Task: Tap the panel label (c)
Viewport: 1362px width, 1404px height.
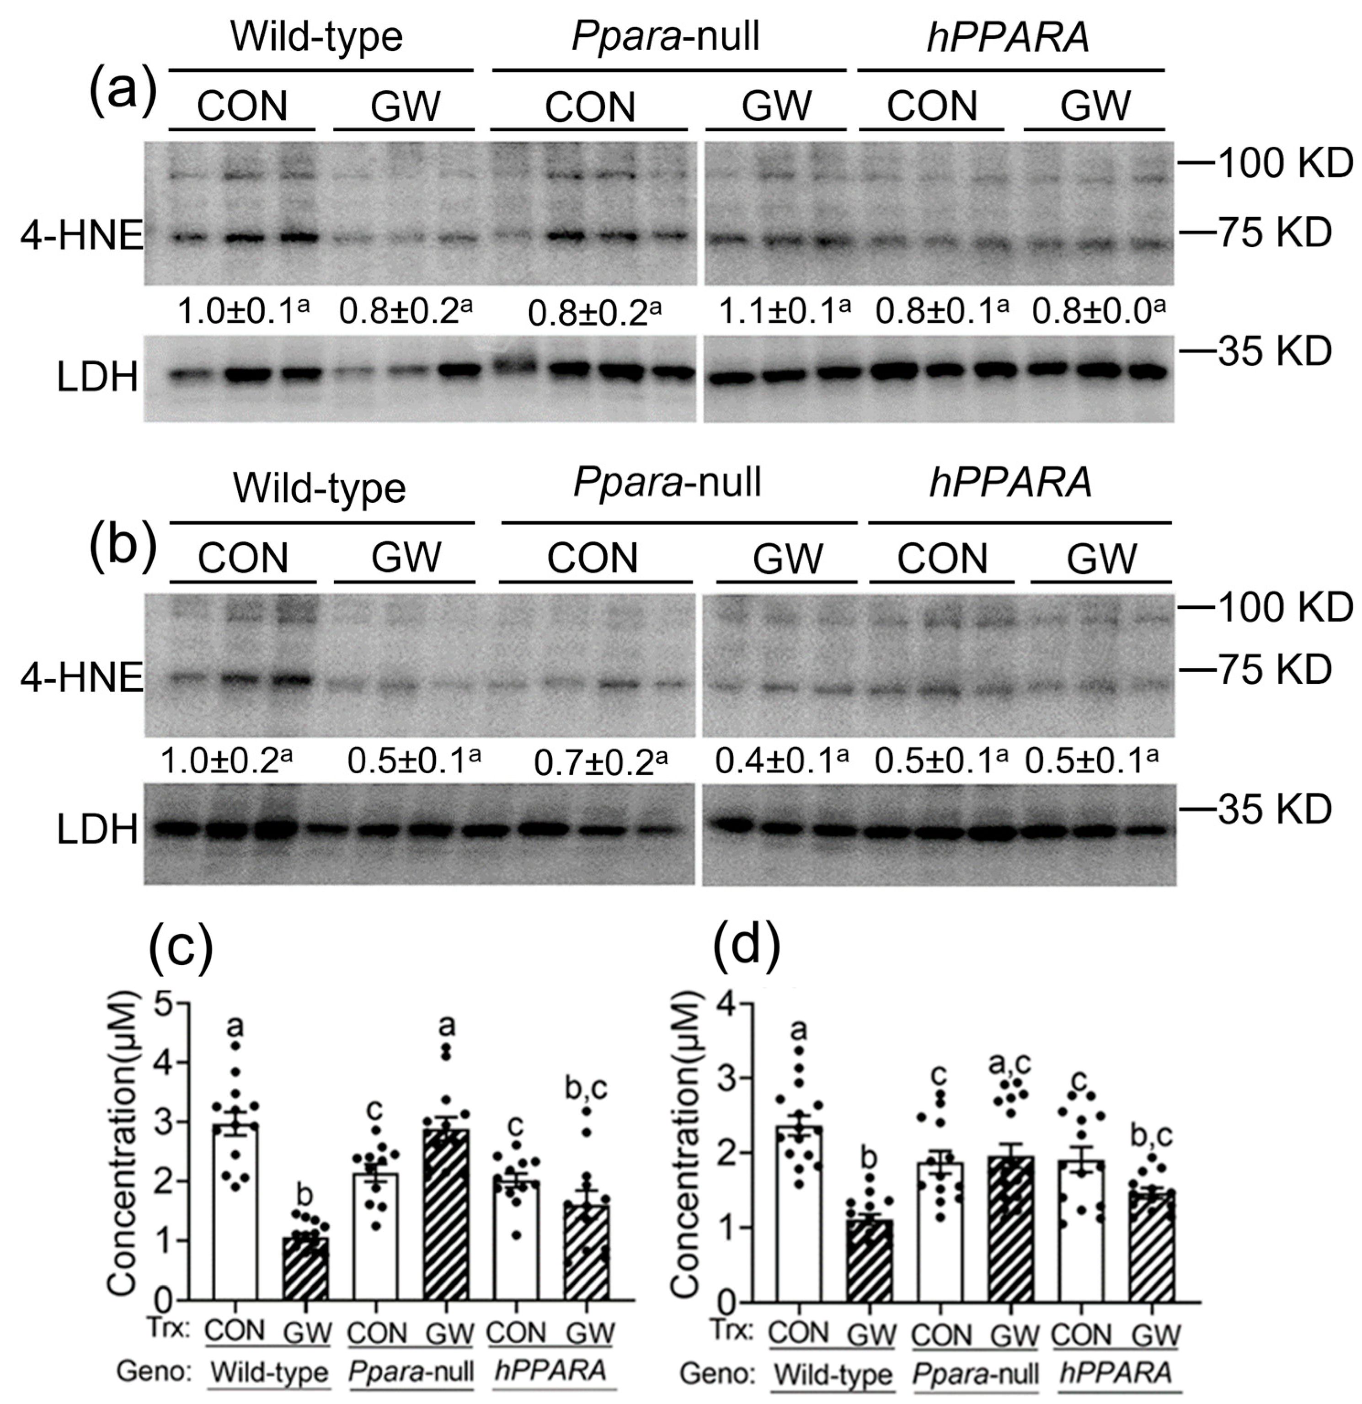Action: (x=181, y=949)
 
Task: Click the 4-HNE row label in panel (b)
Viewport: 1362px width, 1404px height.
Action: (x=81, y=678)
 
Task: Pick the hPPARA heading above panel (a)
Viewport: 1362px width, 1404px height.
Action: (x=1009, y=38)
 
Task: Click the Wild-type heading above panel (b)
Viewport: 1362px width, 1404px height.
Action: (x=320, y=489)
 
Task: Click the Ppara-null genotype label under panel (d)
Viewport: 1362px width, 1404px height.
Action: (x=975, y=1373)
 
